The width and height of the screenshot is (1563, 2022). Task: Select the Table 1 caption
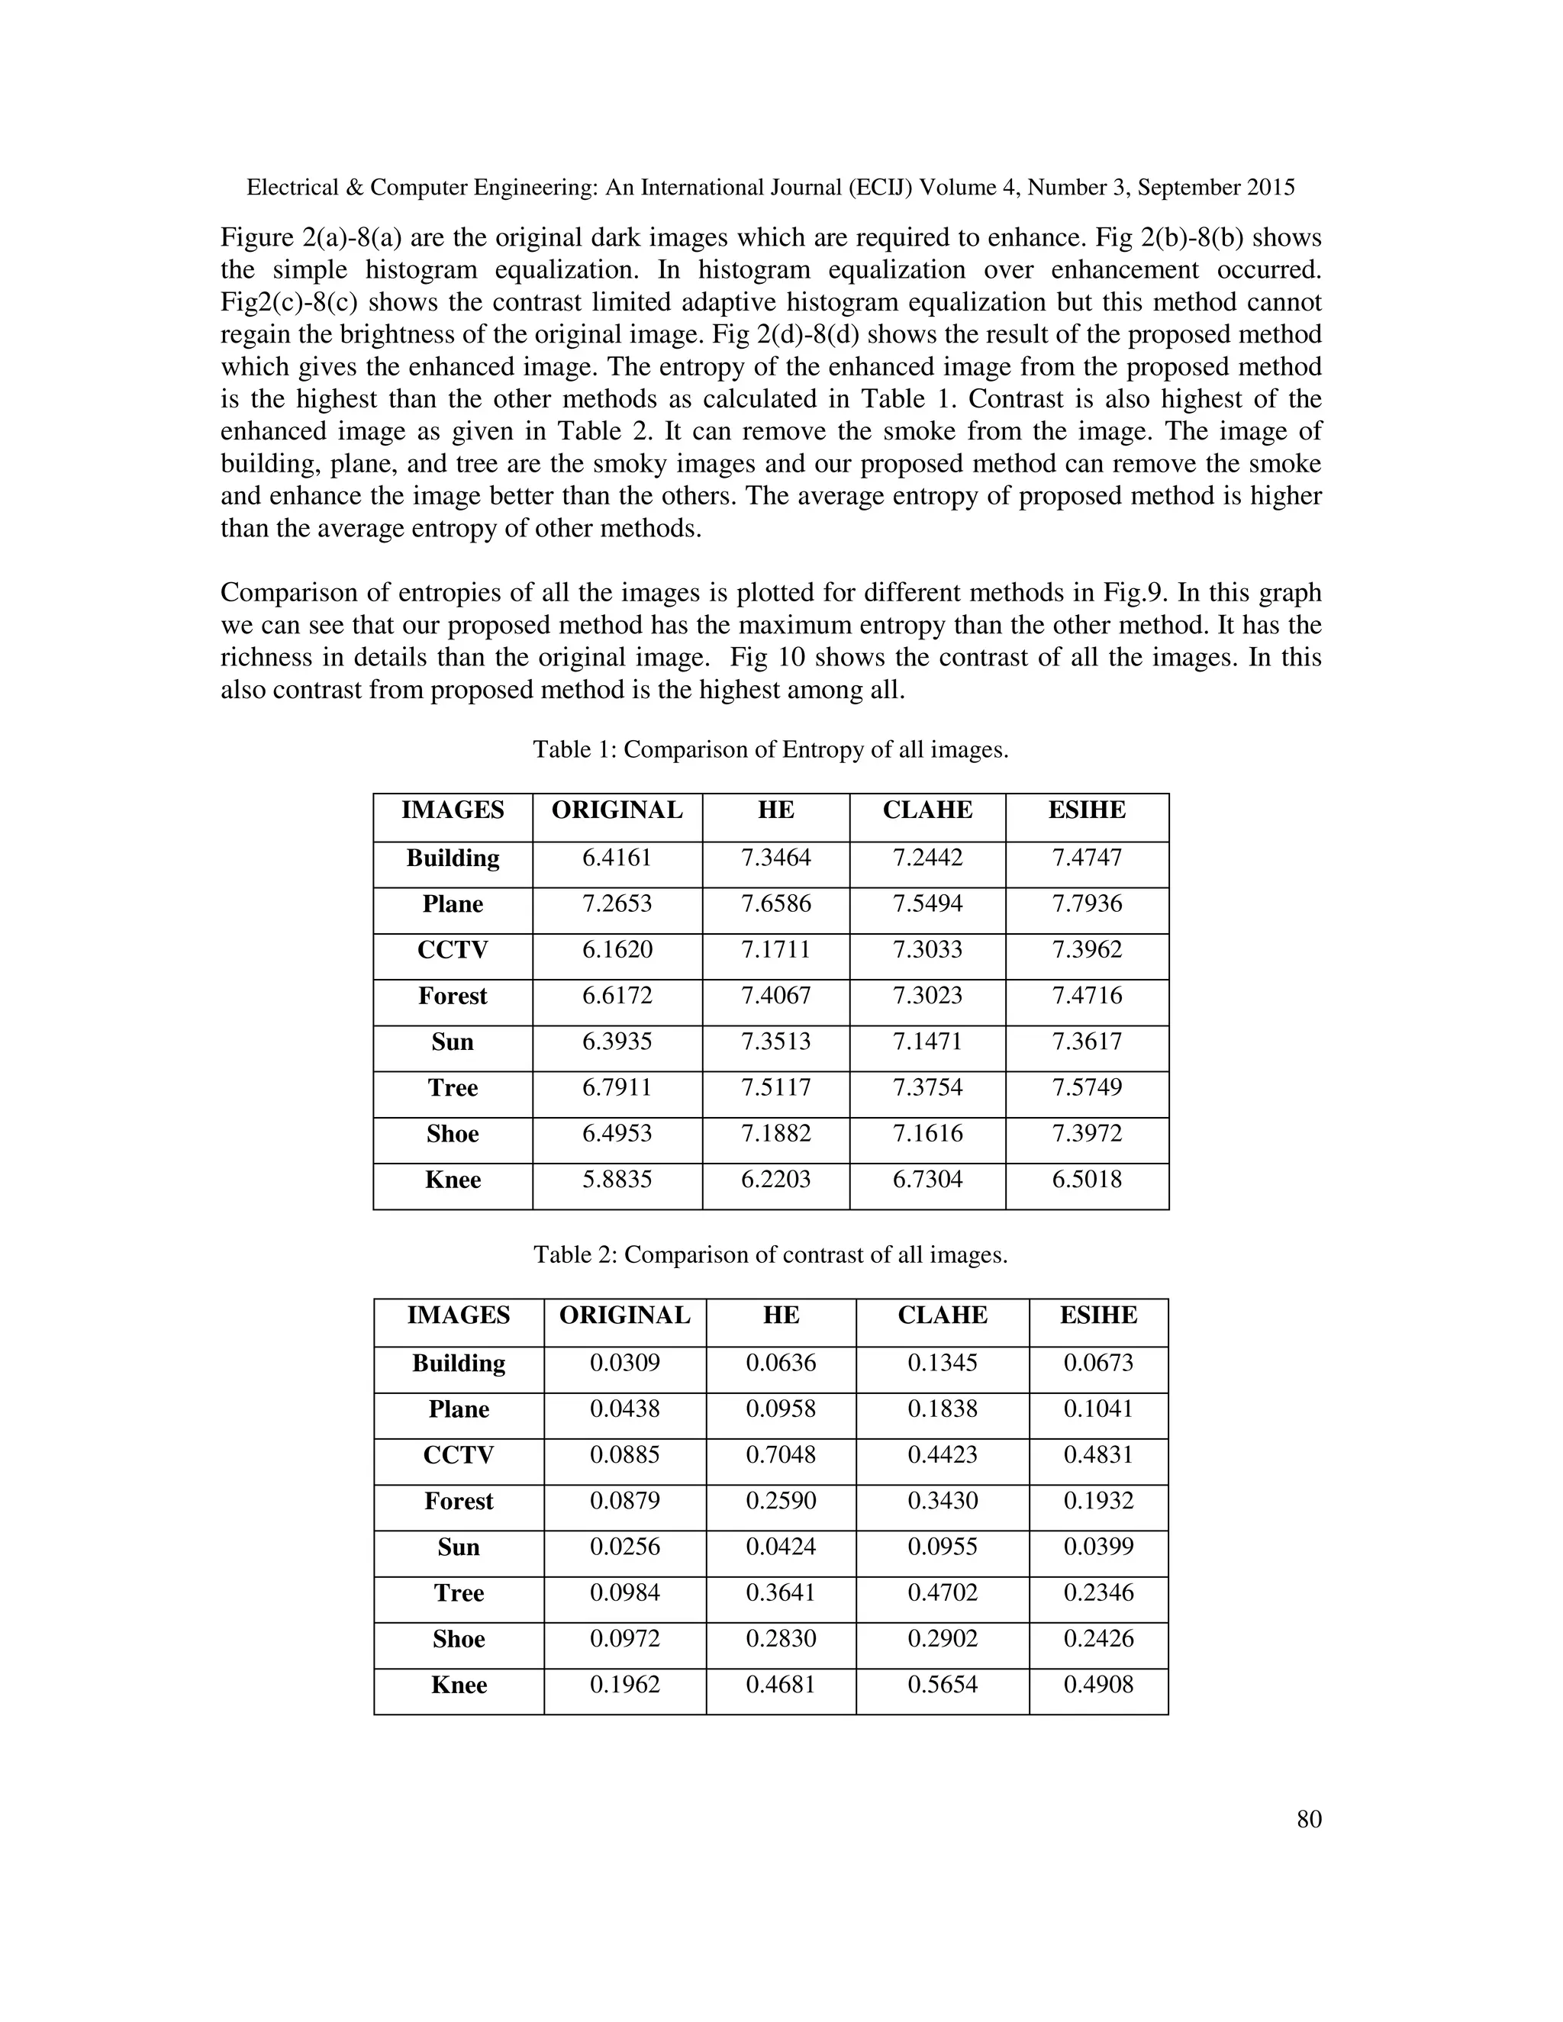770,749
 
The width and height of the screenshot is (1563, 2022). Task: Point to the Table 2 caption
770,1254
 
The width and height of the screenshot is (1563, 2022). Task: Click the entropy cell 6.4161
617,858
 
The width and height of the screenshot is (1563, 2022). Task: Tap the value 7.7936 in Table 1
1086,903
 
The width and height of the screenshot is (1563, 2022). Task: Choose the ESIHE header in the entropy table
1086,810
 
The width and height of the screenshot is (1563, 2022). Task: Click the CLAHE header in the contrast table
942,1315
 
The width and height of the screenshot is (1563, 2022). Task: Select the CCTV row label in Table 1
452,950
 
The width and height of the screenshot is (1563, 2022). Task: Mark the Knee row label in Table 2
459,1685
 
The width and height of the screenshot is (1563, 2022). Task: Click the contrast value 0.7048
781,1455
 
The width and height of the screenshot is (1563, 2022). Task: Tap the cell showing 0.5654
942,1685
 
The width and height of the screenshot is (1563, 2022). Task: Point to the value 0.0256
624,1547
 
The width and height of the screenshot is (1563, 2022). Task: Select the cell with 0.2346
1098,1593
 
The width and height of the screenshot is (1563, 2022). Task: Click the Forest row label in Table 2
459,1502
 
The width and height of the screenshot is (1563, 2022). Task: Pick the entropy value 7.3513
775,1042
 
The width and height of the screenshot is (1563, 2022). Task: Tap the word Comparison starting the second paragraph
282,593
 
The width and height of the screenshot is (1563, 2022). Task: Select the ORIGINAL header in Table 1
617,810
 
